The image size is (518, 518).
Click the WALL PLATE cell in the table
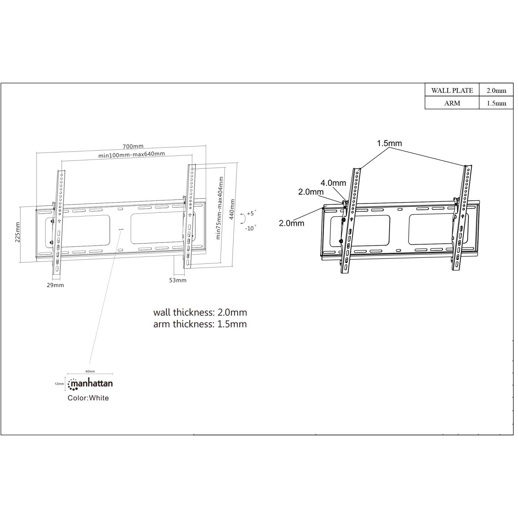point(452,90)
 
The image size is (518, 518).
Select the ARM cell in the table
point(452,103)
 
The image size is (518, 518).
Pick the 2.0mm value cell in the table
point(496,90)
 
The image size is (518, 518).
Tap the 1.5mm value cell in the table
point(496,103)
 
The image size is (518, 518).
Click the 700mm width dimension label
point(133,147)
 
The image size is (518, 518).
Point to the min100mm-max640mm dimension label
point(131,154)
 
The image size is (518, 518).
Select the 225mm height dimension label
point(17,232)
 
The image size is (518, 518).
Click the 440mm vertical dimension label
point(232,209)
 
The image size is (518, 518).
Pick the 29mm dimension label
point(55,285)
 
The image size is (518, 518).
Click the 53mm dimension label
point(178,280)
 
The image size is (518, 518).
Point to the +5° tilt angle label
point(251,213)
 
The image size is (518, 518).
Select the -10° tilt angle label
point(250,228)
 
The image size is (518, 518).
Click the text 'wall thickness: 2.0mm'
point(200,312)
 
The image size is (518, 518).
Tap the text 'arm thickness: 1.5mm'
point(200,324)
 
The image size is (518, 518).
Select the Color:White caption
point(88,398)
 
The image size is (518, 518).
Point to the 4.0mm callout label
point(333,183)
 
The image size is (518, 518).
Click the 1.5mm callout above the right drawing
point(389,143)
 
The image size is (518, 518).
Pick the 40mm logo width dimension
point(90,371)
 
